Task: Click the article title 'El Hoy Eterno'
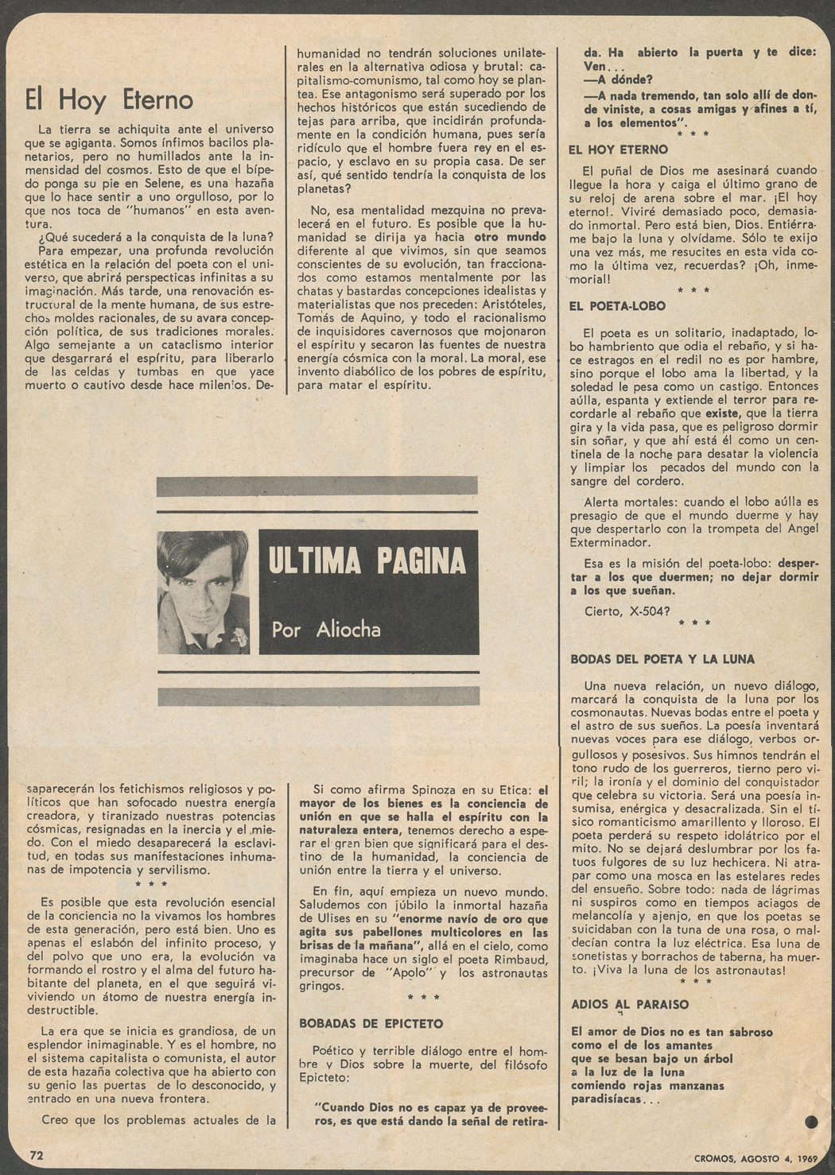click(109, 99)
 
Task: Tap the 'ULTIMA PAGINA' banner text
click(367, 561)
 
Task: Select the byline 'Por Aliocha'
click(326, 630)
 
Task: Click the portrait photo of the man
click(203, 592)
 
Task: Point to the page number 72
click(37, 1154)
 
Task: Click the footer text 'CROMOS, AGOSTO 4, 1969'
click(751, 1158)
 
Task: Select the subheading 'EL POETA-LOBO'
click(618, 306)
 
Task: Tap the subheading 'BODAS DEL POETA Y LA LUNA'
click(662, 659)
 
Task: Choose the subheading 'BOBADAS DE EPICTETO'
click(371, 1024)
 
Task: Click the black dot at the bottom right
click(811, 1122)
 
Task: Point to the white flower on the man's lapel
click(238, 636)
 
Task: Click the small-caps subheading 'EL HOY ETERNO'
click(619, 149)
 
